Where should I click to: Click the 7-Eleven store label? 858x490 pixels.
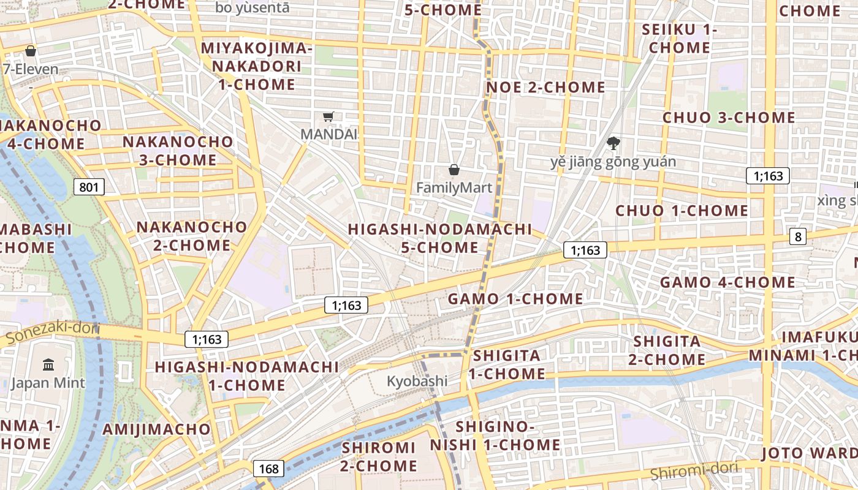[x=31, y=69]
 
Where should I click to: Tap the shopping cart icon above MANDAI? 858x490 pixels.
[x=328, y=116]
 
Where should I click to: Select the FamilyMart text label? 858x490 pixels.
[x=454, y=187]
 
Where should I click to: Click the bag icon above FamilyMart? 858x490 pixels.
[x=454, y=170]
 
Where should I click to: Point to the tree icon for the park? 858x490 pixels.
[x=612, y=144]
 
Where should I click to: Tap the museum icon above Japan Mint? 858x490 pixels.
[x=48, y=366]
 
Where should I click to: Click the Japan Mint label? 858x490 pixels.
[x=48, y=383]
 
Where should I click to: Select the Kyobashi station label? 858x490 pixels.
[x=417, y=381]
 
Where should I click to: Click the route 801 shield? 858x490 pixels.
[x=89, y=187]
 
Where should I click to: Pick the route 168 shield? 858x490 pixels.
[x=268, y=469]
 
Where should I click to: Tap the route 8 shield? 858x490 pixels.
[x=797, y=236]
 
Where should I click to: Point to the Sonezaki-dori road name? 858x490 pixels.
[x=52, y=330]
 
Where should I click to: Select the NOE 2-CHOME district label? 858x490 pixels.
[x=545, y=88]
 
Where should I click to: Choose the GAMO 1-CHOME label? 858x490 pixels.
[x=515, y=299]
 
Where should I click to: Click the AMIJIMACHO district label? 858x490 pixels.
[x=156, y=429]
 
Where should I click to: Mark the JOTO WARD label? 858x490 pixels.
[x=809, y=453]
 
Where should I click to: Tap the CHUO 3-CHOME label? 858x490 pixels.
[x=729, y=118]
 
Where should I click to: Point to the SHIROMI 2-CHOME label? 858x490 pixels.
[x=379, y=456]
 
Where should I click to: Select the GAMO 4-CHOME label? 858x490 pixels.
[x=727, y=282]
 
